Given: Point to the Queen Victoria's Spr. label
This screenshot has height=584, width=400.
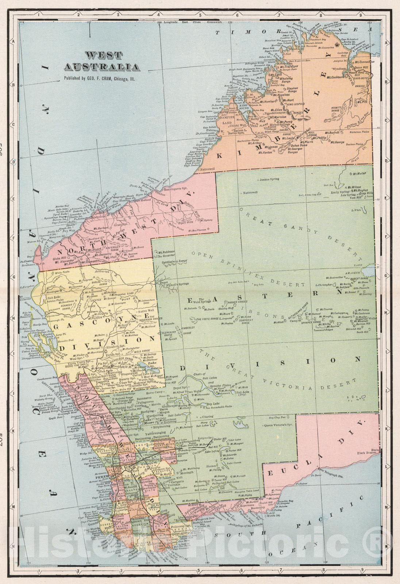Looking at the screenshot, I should point(278,425).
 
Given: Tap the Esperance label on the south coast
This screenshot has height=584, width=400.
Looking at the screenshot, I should point(247,506).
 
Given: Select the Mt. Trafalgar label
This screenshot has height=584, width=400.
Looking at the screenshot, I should point(289,66).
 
